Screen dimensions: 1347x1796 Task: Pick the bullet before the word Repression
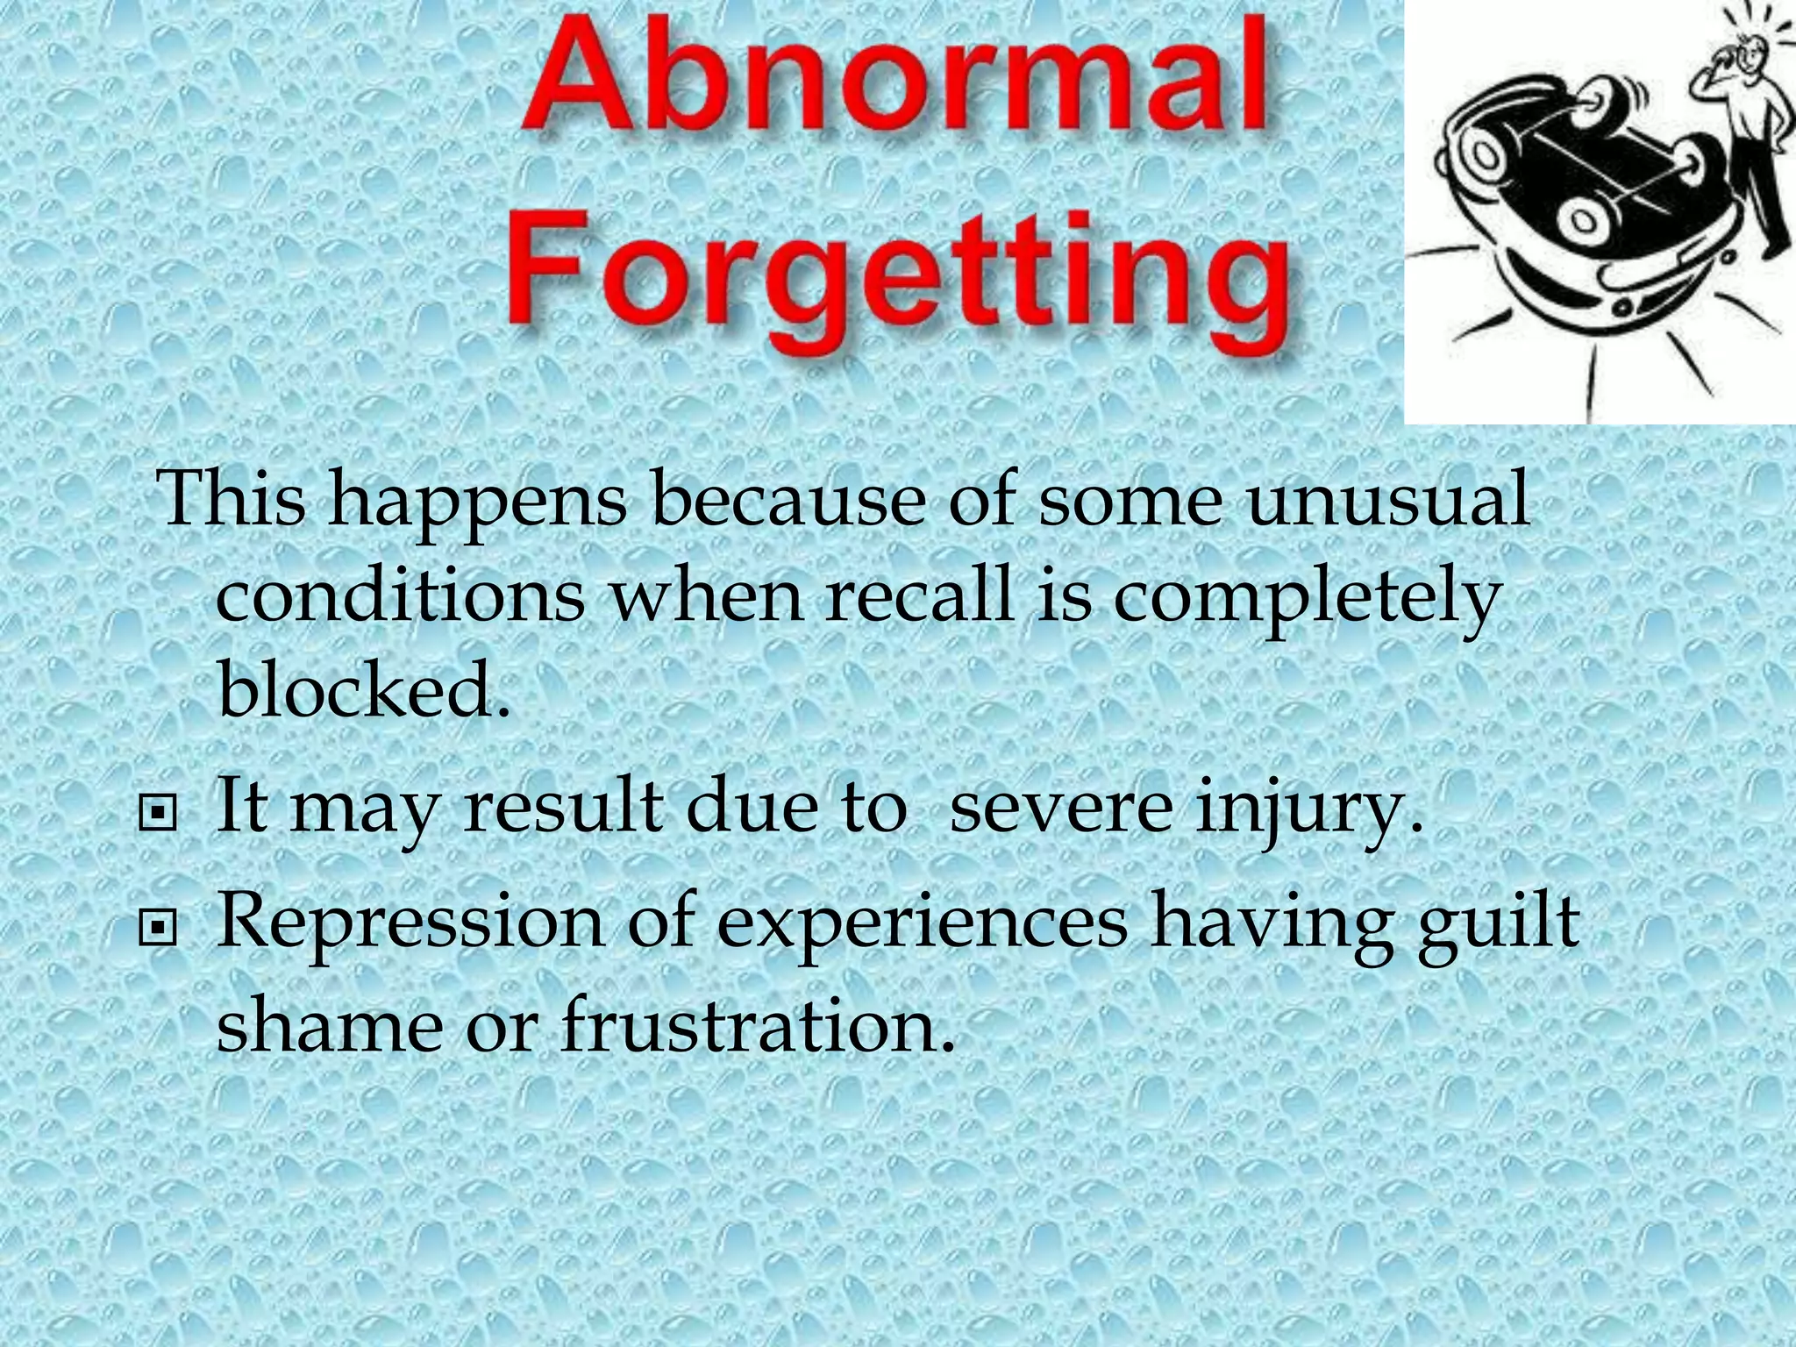point(158,925)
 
